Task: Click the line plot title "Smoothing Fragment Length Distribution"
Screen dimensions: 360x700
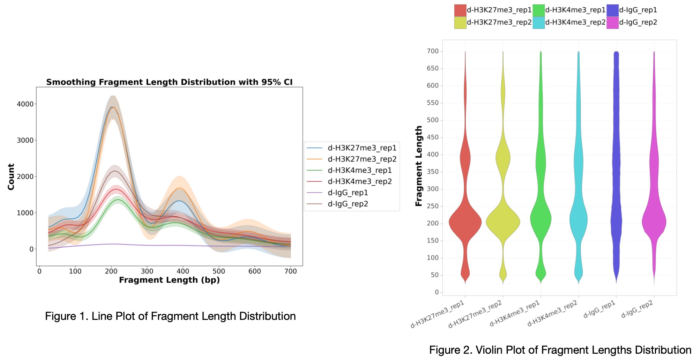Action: tap(169, 82)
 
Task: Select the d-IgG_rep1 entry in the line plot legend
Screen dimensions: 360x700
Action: tap(348, 193)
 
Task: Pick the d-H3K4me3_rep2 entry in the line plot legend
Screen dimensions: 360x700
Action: tap(359, 181)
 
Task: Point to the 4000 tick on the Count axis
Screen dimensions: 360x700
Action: tap(25, 104)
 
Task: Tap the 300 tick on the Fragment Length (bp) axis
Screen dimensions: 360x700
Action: tap(147, 271)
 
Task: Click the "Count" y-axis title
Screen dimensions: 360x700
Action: tap(11, 177)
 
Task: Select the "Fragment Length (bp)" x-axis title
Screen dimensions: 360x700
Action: tap(169, 280)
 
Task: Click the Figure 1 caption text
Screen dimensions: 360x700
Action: tap(170, 316)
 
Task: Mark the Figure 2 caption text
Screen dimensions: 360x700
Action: tap(560, 350)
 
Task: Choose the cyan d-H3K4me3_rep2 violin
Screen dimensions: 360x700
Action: tap(578, 220)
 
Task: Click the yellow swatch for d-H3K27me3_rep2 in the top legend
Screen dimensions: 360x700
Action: tap(460, 23)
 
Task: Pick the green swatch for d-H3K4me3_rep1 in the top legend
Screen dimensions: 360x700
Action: tap(538, 10)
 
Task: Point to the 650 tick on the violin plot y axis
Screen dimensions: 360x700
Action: tap(432, 68)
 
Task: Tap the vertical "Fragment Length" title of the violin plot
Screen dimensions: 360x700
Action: tap(419, 166)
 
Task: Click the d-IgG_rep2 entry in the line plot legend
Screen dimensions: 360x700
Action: tap(348, 204)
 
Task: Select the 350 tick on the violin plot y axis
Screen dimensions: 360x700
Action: tap(432, 172)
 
